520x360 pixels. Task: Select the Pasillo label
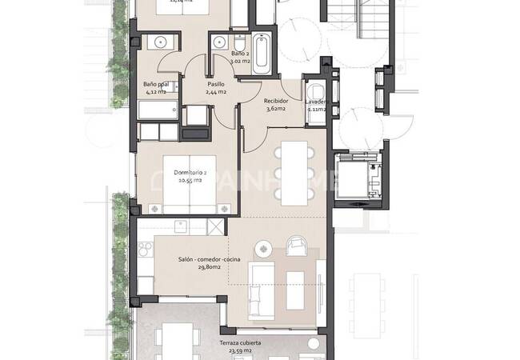tap(216, 83)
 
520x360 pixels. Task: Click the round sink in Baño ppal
tap(161, 42)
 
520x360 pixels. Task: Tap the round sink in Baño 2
tap(218, 41)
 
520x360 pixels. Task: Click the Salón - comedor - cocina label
tap(205, 259)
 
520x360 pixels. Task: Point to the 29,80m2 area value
tap(204, 270)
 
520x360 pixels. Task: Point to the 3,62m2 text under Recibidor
tap(276, 109)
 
